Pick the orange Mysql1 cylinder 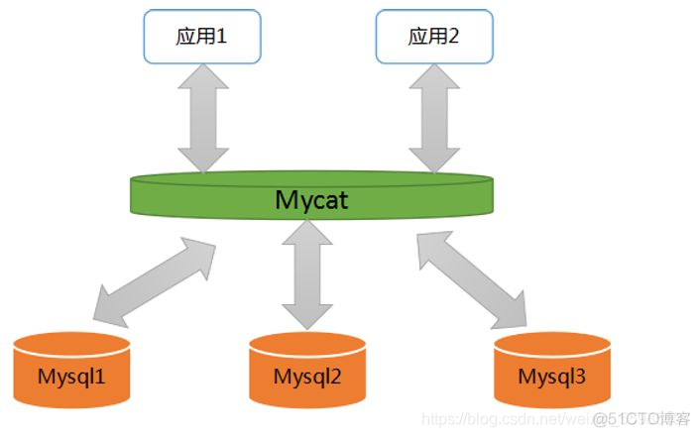click(x=72, y=371)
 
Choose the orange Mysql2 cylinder click(x=307, y=372)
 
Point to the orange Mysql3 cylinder click(x=552, y=371)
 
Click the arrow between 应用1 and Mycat click(x=201, y=116)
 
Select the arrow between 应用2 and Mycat click(x=434, y=116)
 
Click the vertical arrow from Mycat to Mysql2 click(x=307, y=272)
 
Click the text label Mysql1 click(x=72, y=377)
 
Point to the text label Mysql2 click(x=307, y=378)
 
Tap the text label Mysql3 click(x=552, y=377)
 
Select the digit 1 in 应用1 click(x=221, y=36)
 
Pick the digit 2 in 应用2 click(x=454, y=36)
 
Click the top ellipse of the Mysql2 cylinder click(x=307, y=342)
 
